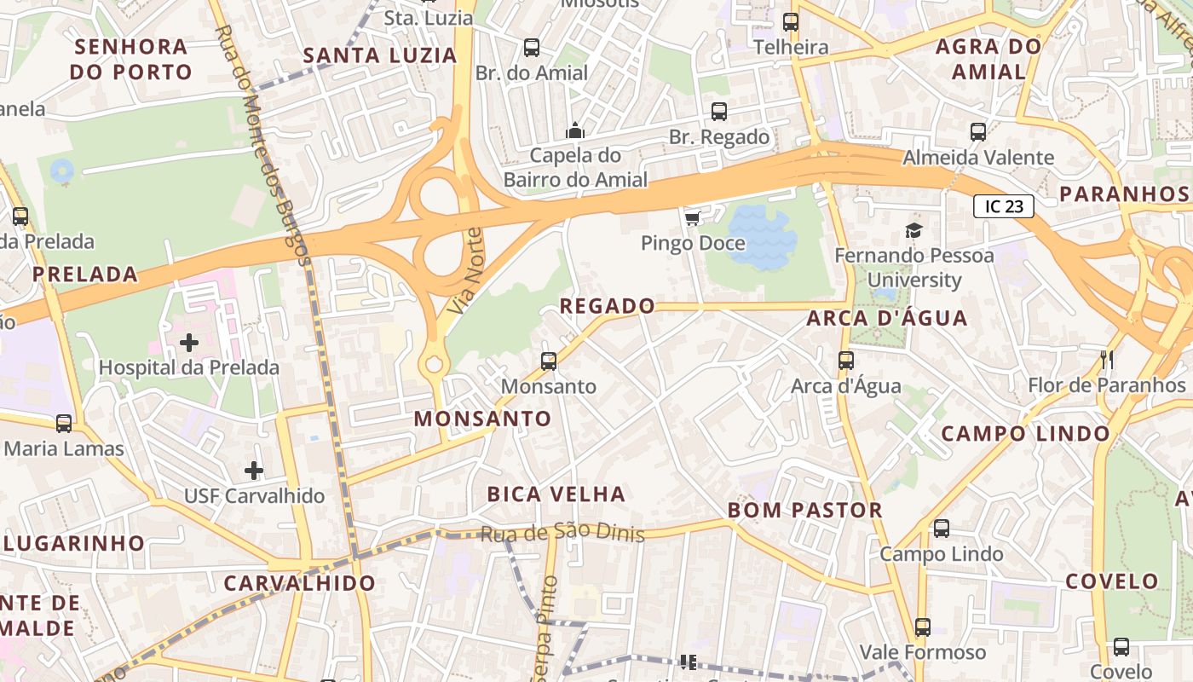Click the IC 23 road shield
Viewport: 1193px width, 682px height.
coord(1004,206)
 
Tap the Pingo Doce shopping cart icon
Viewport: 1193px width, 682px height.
coord(692,218)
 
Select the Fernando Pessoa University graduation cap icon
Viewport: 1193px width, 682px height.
coord(913,229)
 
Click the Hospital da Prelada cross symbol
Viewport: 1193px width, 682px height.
coord(189,343)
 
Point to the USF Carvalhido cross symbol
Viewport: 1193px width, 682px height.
coord(254,470)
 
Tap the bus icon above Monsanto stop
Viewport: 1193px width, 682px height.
coord(549,361)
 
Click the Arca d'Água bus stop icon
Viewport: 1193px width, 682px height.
coord(845,360)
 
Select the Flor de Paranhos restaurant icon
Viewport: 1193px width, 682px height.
coord(1107,359)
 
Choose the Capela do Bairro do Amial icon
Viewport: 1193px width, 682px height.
coord(575,130)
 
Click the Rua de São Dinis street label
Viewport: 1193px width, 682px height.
coord(562,535)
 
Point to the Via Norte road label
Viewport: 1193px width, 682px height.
coord(464,270)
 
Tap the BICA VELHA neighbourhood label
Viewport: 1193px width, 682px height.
coord(556,494)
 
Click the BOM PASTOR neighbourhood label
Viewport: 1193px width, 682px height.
coord(804,510)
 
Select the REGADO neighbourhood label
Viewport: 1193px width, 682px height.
coord(608,305)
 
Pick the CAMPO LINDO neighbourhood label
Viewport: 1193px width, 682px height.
coord(1026,433)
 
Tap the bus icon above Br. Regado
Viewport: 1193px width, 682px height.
coord(719,112)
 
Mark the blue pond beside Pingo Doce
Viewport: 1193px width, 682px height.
coord(761,235)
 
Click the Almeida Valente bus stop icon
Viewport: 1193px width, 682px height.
coord(978,132)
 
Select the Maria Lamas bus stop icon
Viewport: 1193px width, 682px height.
coord(64,423)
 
